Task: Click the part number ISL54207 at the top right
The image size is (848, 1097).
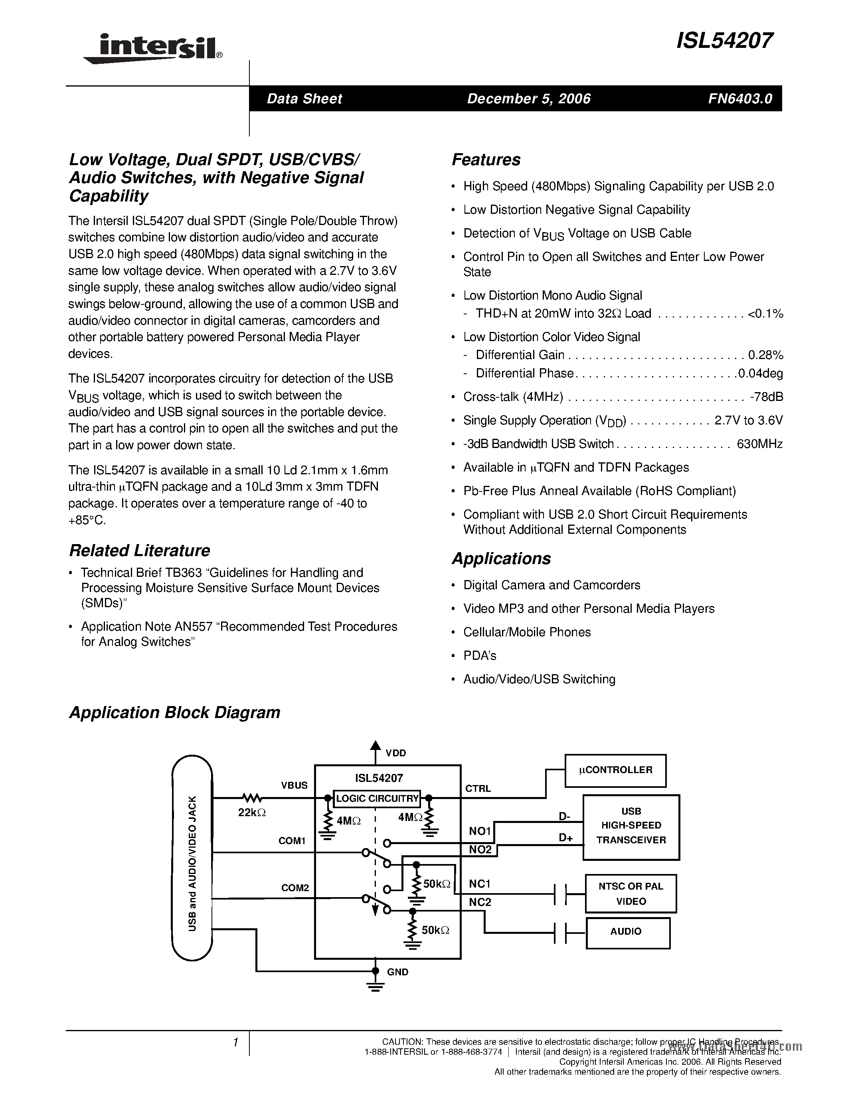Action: coord(724,41)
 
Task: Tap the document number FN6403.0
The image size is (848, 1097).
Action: coord(740,99)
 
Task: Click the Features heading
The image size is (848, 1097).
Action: coord(486,160)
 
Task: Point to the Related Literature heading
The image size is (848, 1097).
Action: coord(139,550)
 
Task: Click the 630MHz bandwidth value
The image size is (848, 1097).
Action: coord(759,444)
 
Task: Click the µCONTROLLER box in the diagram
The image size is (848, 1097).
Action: coord(615,770)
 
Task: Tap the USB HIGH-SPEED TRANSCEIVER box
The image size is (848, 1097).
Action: coord(631,825)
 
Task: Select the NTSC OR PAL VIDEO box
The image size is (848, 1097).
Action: coord(631,894)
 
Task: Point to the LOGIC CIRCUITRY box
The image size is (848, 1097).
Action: coord(377,798)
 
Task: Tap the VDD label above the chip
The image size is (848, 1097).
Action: coord(395,753)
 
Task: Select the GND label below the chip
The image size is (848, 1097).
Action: coord(397,972)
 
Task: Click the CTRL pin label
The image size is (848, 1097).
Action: coord(478,789)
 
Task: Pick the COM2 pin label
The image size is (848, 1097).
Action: coord(295,888)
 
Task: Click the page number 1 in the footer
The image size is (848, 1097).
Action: coord(235,1043)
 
